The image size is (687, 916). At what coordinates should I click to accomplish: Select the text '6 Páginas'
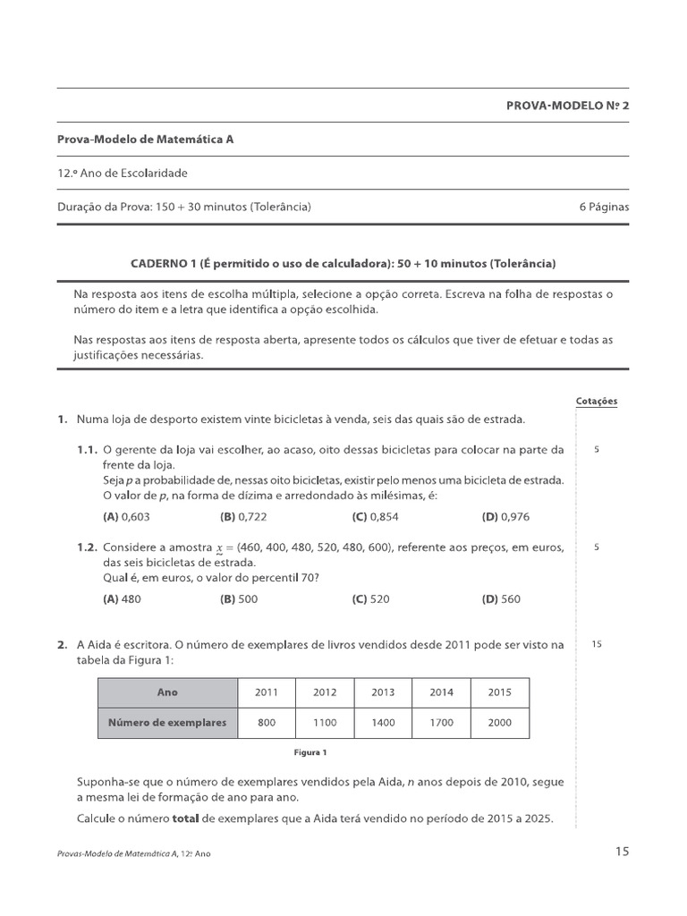(604, 207)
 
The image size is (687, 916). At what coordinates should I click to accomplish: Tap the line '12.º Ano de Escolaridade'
(123, 173)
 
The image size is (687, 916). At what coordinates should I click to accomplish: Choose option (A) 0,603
(126, 516)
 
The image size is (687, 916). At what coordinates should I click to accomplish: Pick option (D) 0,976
(507, 516)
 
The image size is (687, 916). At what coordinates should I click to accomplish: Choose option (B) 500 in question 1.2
(239, 599)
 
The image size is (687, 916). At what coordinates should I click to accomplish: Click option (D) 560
(501, 599)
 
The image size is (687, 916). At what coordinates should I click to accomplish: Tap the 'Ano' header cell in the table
(167, 692)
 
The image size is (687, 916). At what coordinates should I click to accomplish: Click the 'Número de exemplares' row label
(167, 723)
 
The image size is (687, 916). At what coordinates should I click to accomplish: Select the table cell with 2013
(383, 692)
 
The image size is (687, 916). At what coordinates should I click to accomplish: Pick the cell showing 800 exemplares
(267, 723)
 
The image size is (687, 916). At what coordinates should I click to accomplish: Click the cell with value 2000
(500, 723)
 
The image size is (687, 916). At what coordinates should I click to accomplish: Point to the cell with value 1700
(442, 723)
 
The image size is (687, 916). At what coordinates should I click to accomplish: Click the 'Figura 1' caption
(312, 752)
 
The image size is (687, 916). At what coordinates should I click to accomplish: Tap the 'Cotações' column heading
(597, 402)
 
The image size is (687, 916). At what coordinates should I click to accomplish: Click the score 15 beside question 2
(597, 644)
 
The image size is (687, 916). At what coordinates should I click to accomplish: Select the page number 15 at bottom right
(622, 852)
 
